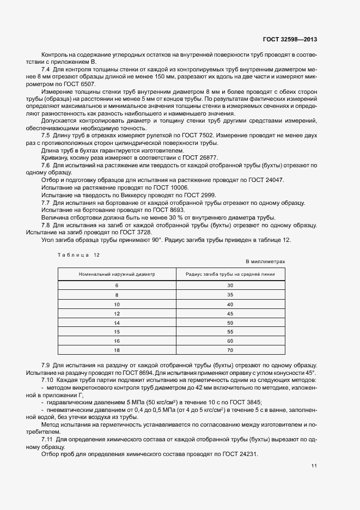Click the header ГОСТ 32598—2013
[x=290, y=40]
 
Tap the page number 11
[x=314, y=466]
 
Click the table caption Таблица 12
[x=79, y=254]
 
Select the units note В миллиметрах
[x=266, y=262]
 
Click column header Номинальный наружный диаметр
[x=117, y=274]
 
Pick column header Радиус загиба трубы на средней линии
[x=230, y=274]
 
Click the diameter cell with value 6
[x=117, y=286]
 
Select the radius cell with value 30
[x=230, y=286]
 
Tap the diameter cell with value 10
[x=117, y=304]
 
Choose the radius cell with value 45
[x=230, y=313]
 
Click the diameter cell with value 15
[x=117, y=332]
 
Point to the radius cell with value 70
[x=230, y=350]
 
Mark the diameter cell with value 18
[x=117, y=350]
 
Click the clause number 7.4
[x=46, y=70]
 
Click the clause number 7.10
[x=48, y=379]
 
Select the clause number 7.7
[x=46, y=203]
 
